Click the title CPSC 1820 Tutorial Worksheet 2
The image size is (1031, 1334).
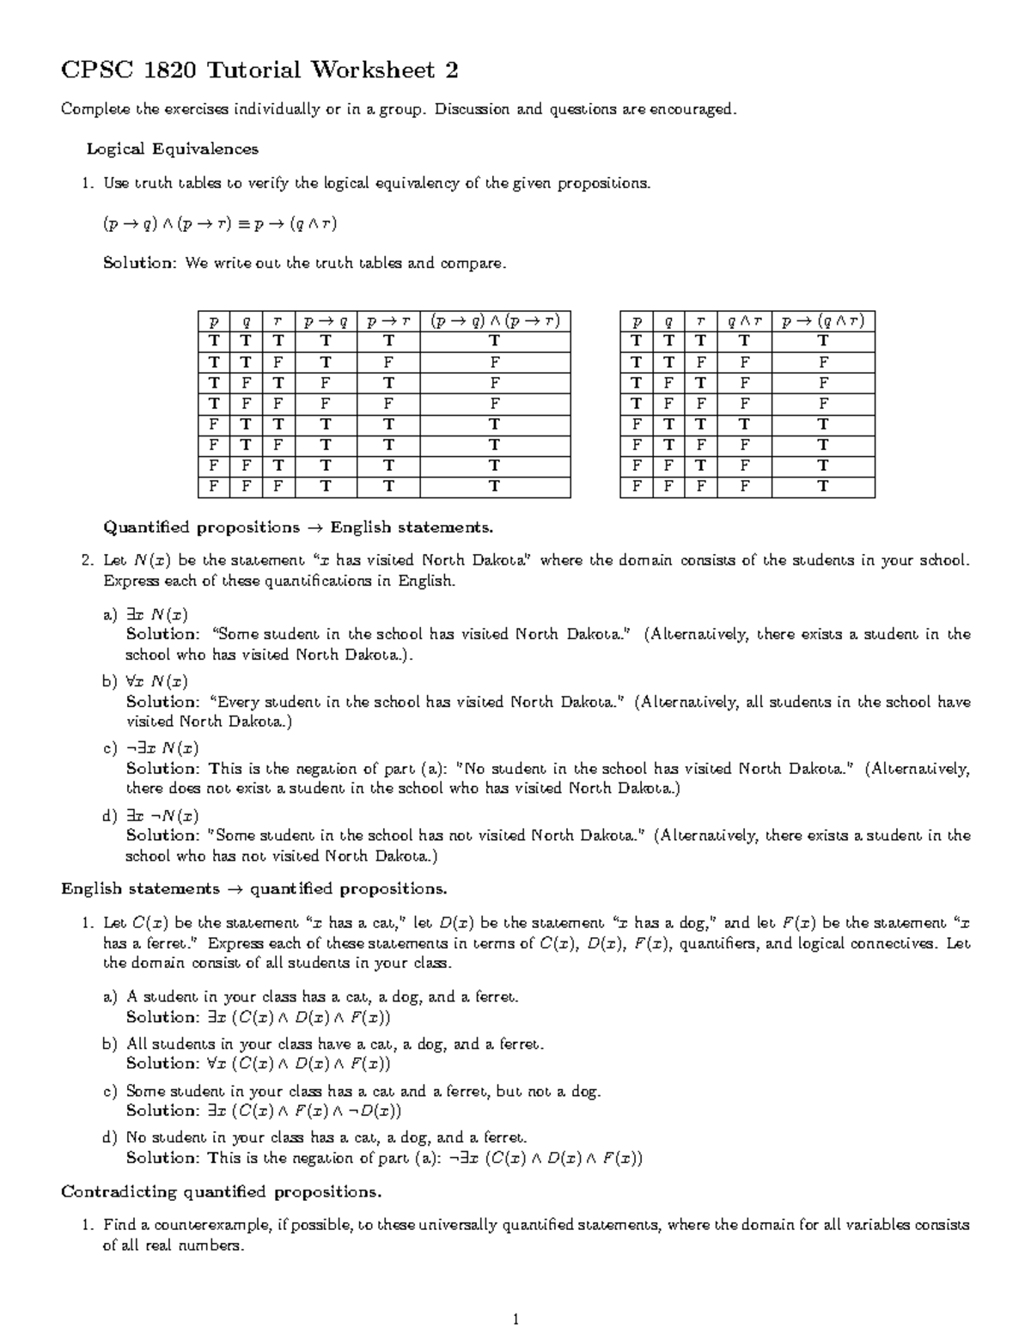tap(259, 70)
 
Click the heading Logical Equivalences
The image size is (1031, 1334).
tap(172, 149)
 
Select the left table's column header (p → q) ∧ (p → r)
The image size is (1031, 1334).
tap(495, 321)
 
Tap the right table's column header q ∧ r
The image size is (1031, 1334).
tap(744, 321)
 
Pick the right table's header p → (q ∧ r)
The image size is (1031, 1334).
tap(822, 321)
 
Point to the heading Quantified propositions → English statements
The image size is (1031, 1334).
tap(298, 527)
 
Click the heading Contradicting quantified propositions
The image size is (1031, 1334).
tap(221, 1191)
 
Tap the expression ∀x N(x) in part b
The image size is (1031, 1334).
tap(156, 681)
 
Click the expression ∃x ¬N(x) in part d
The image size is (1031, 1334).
tap(162, 815)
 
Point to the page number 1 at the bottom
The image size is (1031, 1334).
tap(515, 1319)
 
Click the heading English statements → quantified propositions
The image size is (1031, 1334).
tap(253, 888)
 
